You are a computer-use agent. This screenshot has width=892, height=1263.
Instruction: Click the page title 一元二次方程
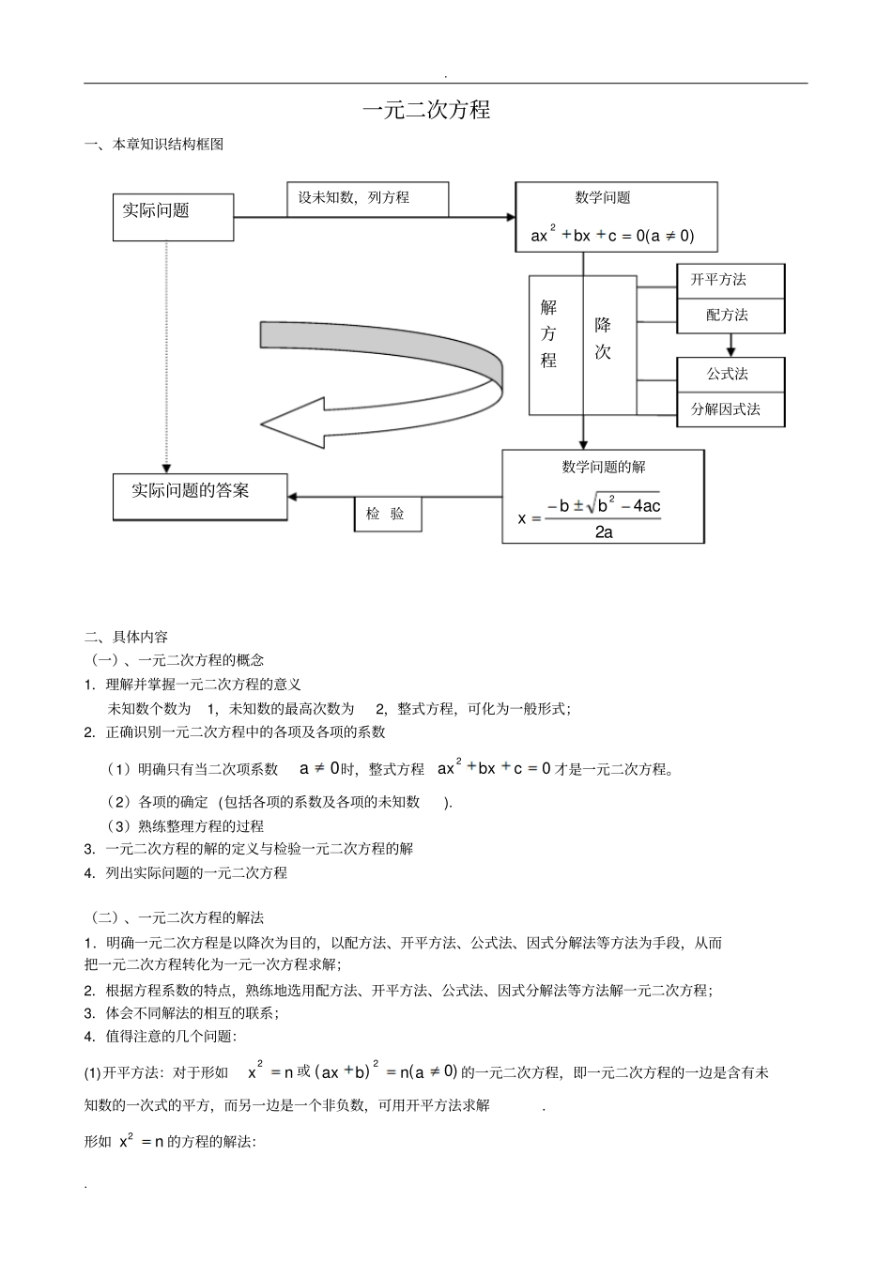coord(426,110)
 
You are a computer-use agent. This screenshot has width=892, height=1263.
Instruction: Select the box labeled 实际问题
coord(173,217)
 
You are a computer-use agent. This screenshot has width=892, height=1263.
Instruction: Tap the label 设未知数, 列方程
coord(366,199)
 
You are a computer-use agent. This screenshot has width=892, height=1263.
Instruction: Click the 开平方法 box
coord(730,280)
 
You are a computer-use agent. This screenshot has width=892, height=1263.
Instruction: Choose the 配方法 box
coord(730,316)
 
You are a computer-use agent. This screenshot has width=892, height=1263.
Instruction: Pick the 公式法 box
coord(730,374)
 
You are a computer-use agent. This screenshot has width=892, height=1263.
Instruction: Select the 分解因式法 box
coord(730,409)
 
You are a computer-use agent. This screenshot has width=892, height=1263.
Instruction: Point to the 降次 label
coord(603,338)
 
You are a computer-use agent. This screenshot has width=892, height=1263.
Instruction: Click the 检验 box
coord(387,514)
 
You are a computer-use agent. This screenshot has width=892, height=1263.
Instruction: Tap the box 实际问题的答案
coord(199,497)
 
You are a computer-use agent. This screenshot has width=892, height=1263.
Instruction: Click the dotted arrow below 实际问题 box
coord(167,357)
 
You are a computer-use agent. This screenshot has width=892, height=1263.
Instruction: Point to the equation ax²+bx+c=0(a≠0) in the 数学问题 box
coord(612,236)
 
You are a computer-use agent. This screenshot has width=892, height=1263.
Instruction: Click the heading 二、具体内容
coord(127,637)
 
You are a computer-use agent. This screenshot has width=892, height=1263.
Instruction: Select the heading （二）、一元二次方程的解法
coord(176,917)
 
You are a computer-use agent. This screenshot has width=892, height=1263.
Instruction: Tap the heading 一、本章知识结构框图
coord(154,145)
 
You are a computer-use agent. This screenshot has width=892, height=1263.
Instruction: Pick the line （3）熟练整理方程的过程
coord(187,826)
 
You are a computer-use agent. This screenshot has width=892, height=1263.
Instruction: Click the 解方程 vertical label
coord(549,333)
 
